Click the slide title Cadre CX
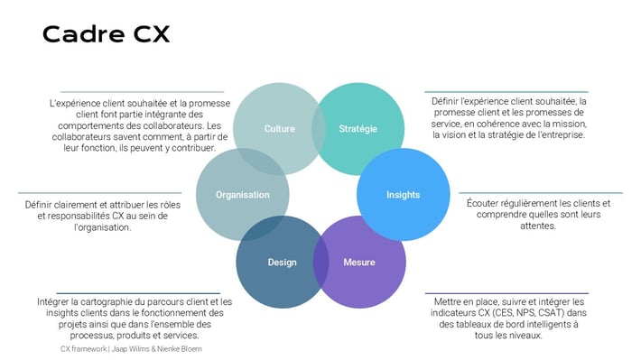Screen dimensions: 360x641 tap(106, 34)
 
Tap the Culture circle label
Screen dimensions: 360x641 tap(279, 129)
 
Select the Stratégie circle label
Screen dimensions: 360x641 tap(358, 129)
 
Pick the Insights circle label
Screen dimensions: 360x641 tap(403, 194)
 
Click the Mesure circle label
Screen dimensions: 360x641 tap(359, 263)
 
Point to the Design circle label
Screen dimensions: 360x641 tap(282, 263)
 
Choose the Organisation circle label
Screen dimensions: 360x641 tap(242, 194)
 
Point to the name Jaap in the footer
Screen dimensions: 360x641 tap(121, 348)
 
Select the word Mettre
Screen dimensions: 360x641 tap(450, 301)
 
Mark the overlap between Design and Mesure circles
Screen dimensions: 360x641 tap(320, 262)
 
